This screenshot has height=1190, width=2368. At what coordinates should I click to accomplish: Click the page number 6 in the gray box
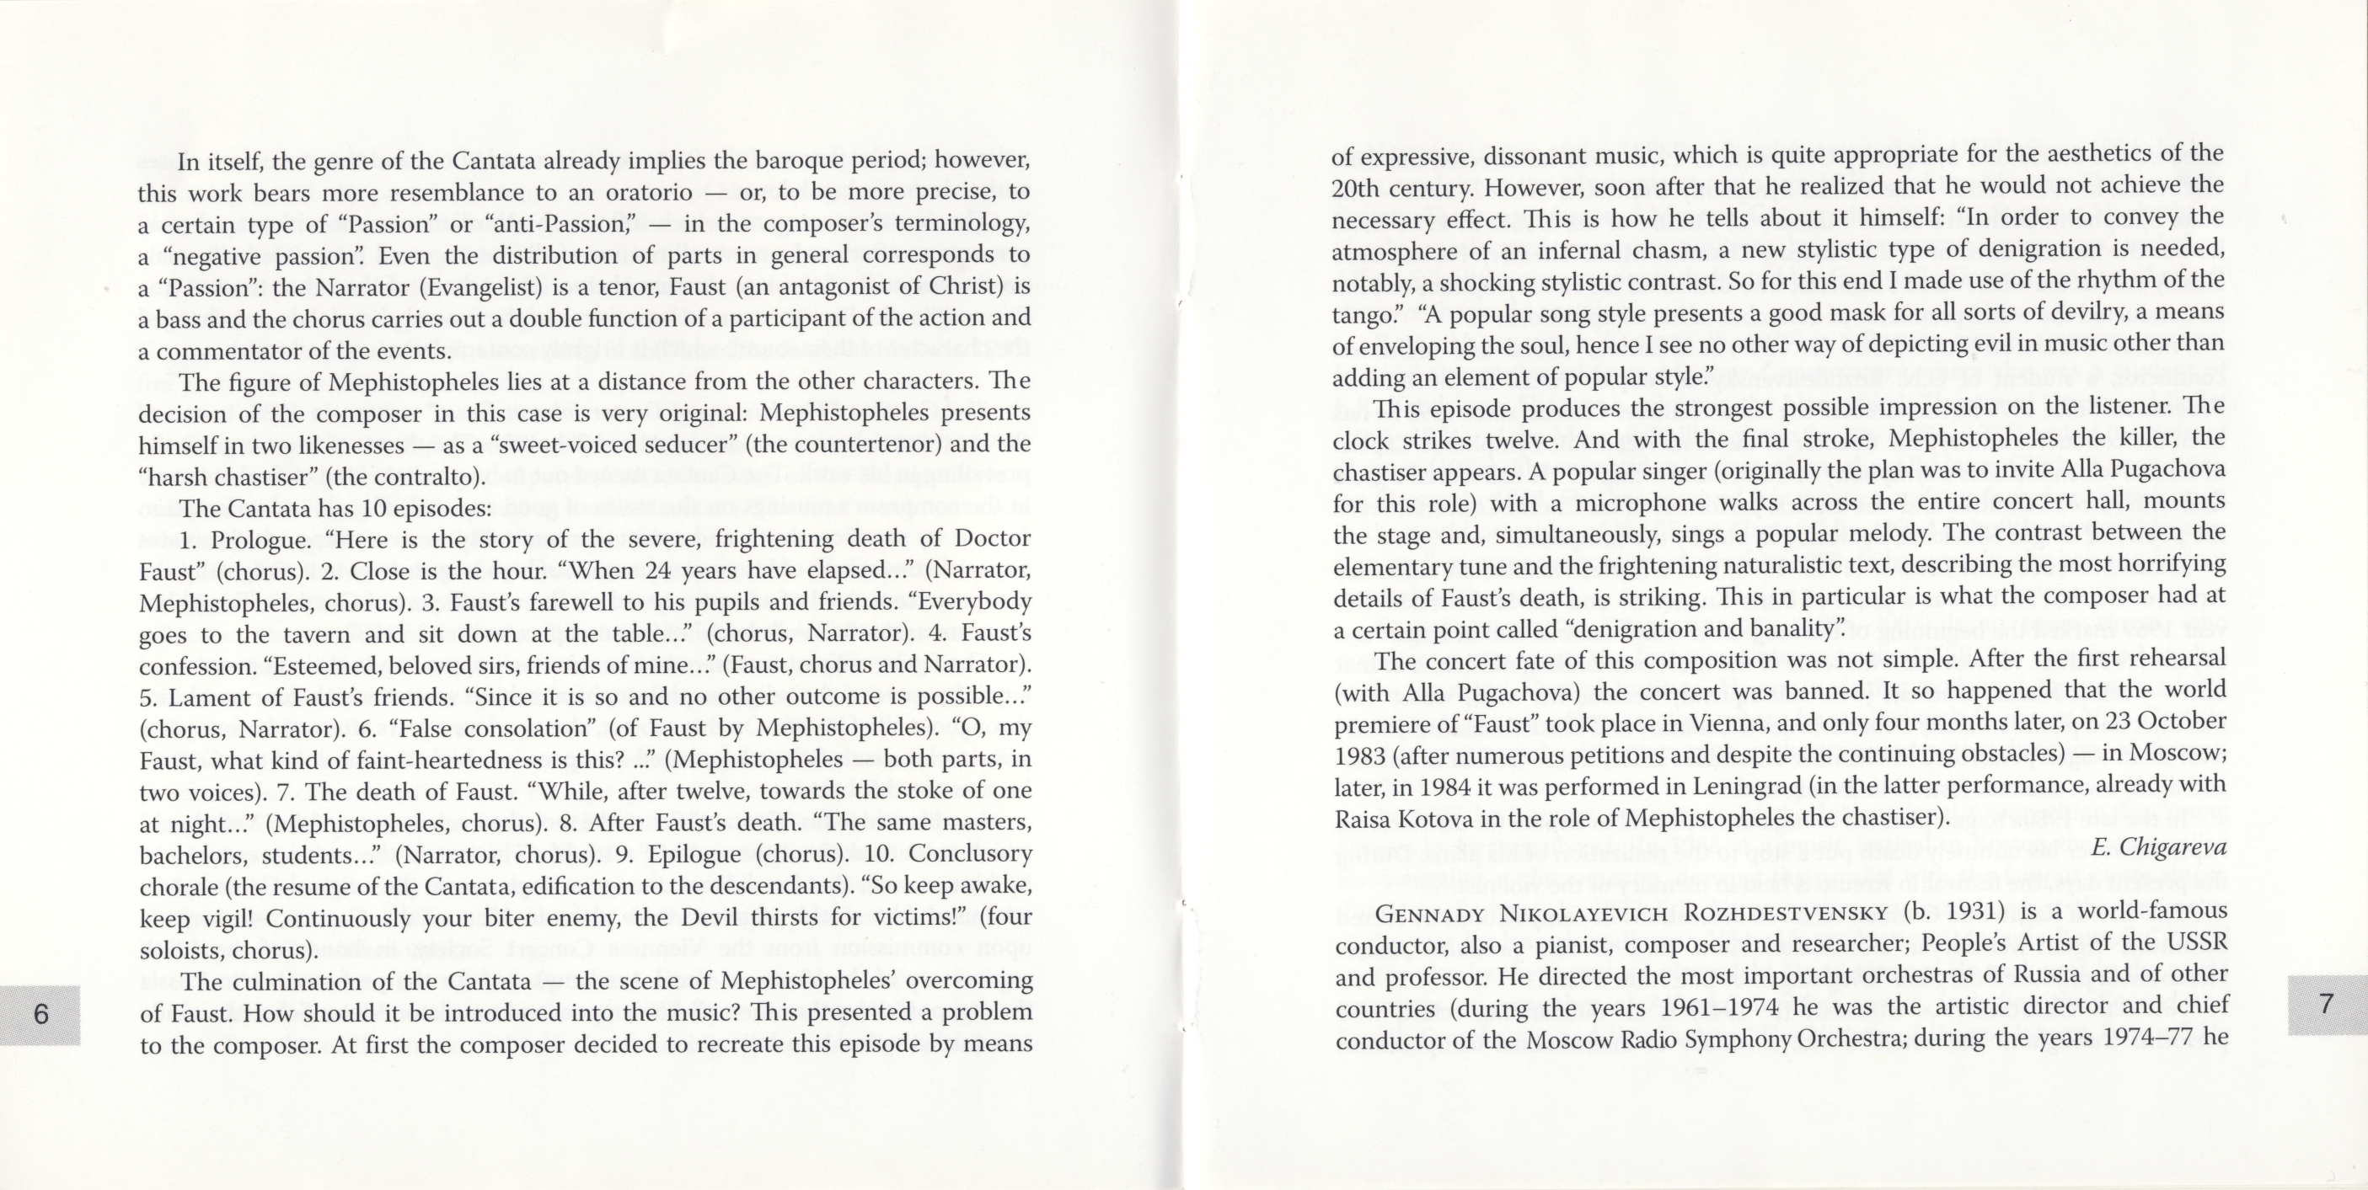[40, 1015]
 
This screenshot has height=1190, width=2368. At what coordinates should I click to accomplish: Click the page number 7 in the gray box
[2327, 1004]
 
